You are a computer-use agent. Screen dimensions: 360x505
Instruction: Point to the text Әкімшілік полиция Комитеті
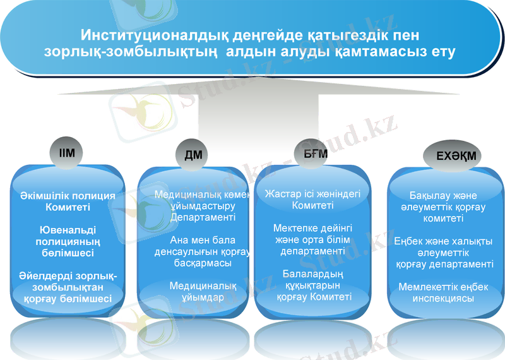coord(68,201)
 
